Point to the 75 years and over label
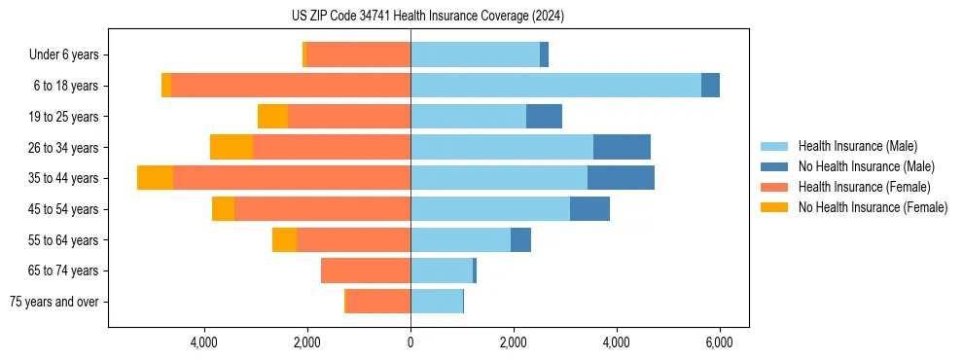pyautogui.click(x=53, y=302)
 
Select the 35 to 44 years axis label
pyautogui.click(x=63, y=178)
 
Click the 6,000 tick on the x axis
pyautogui.click(x=719, y=342)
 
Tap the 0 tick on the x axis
pyautogui.click(x=410, y=342)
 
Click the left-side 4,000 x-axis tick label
pyautogui.click(x=204, y=342)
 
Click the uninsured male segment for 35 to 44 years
pyautogui.click(x=621, y=178)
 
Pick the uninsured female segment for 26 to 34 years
pyautogui.click(x=232, y=147)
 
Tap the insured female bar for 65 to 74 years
pyautogui.click(x=366, y=270)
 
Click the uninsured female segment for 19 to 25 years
pyautogui.click(x=272, y=117)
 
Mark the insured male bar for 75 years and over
pyautogui.click(x=437, y=302)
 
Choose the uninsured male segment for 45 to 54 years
pyautogui.click(x=589, y=209)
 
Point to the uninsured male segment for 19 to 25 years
pyautogui.click(x=544, y=117)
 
